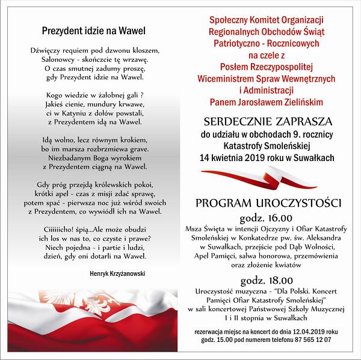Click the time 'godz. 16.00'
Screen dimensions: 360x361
tap(267, 217)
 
